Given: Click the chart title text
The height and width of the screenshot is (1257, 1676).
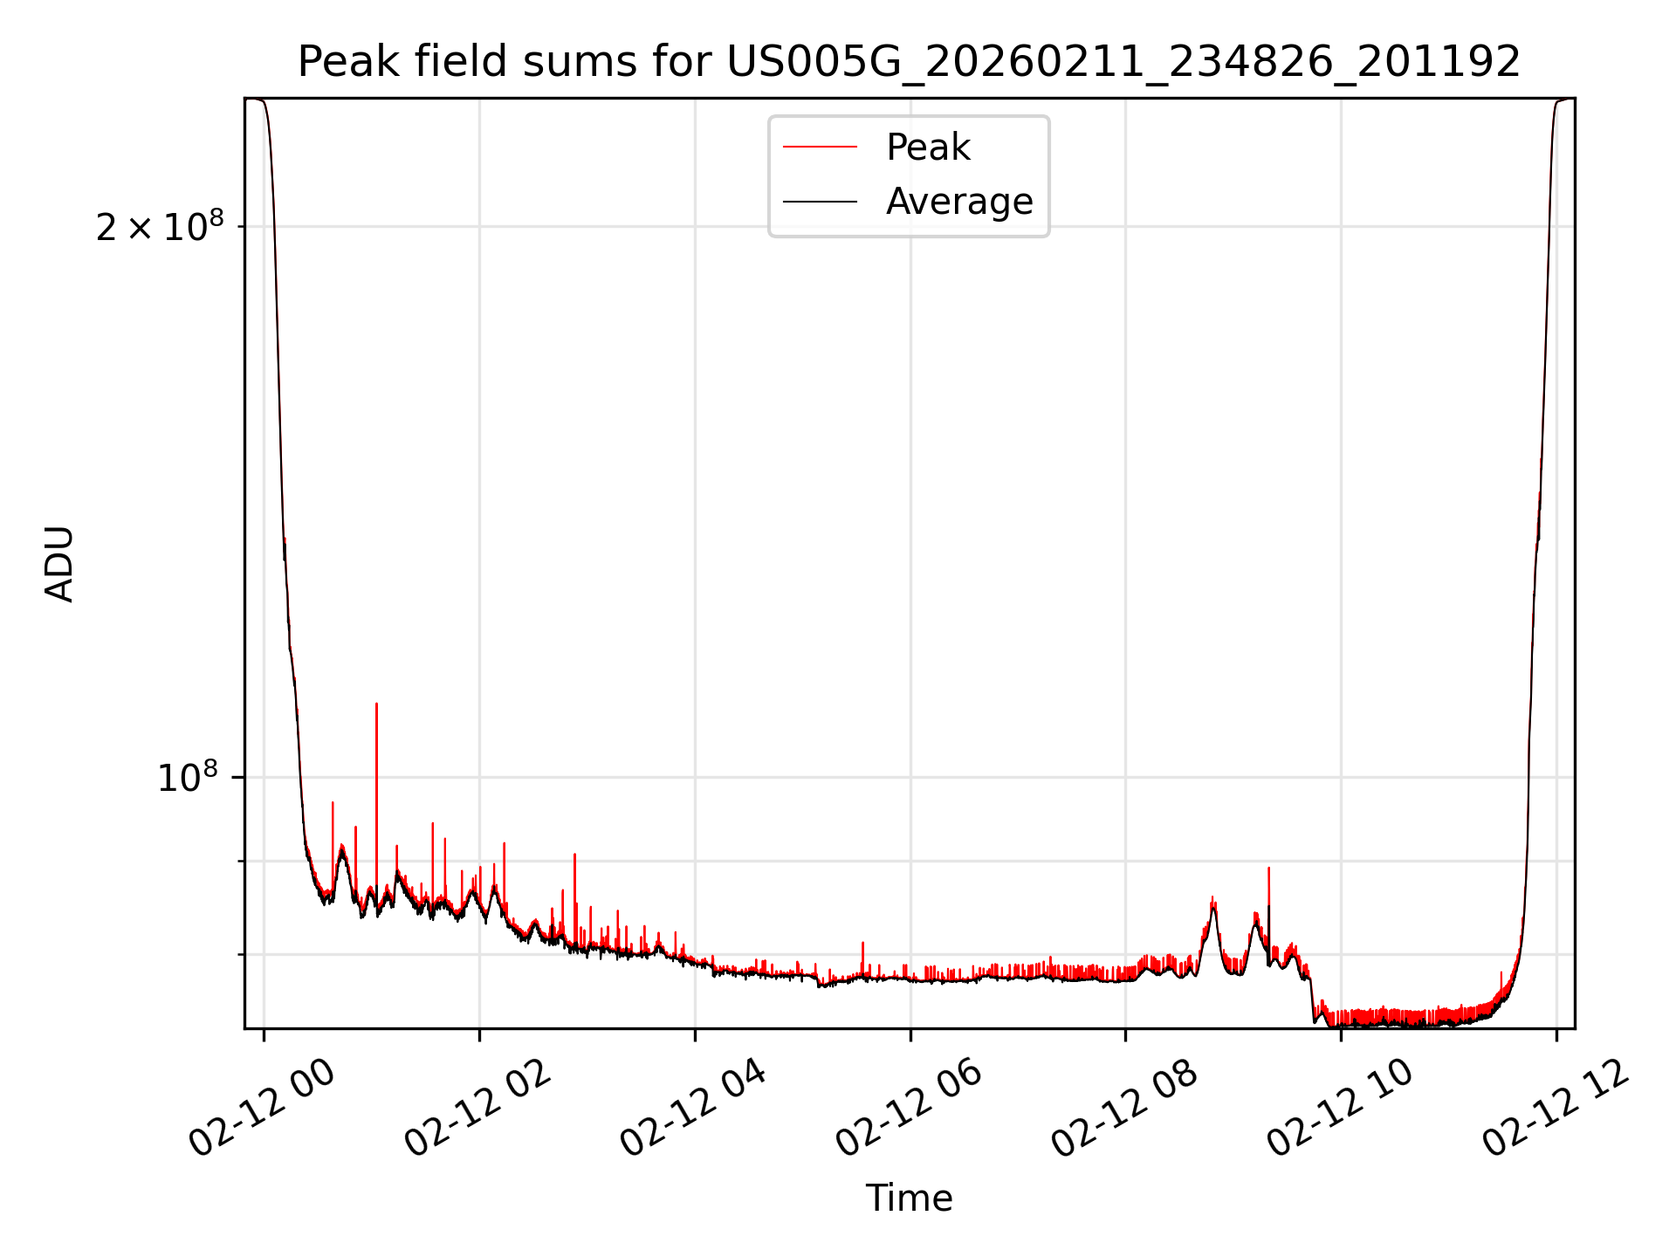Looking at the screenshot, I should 909,63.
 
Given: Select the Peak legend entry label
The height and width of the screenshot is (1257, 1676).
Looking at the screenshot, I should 927,148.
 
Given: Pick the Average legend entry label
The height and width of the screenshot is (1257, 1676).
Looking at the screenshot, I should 958,202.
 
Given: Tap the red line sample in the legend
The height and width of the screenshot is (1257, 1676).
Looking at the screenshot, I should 820,148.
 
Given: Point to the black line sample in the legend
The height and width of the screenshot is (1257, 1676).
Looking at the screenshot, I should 820,202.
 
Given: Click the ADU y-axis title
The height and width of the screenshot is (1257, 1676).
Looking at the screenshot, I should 59,563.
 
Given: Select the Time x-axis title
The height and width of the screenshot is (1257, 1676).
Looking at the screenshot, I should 909,1198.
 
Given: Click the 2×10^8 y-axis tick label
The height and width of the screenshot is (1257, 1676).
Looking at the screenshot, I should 160,228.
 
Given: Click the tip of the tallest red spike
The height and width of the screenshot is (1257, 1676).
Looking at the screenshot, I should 376,704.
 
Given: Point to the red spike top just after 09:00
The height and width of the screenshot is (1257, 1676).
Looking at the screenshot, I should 1268,869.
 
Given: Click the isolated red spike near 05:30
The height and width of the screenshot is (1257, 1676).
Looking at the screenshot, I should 862,944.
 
